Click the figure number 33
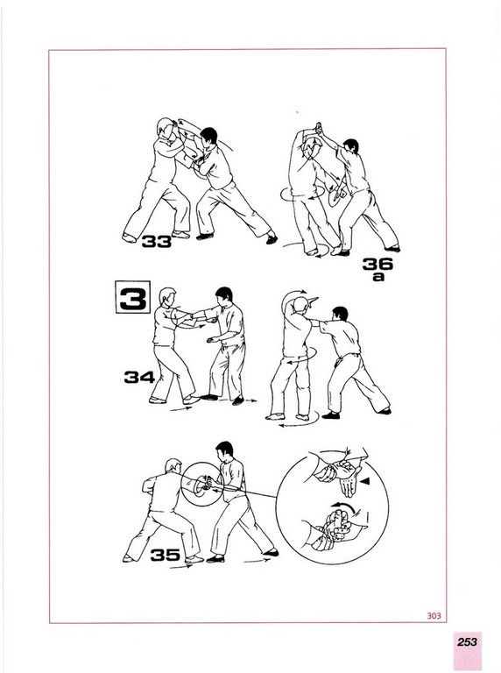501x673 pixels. tap(157, 242)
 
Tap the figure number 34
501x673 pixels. tap(139, 378)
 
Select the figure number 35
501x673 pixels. tap(165, 555)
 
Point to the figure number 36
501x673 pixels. tap(378, 264)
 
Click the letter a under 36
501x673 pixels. tap(378, 277)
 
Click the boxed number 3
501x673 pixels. tap(132, 297)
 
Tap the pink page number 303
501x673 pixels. tap(434, 616)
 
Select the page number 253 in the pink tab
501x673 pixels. tap(467, 642)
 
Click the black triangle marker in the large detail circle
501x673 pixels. tap(364, 482)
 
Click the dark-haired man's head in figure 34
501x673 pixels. tap(223, 294)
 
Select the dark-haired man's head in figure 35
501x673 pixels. tap(224, 450)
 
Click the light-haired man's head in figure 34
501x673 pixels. tap(167, 296)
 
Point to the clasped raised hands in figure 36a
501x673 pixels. tap(318, 127)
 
